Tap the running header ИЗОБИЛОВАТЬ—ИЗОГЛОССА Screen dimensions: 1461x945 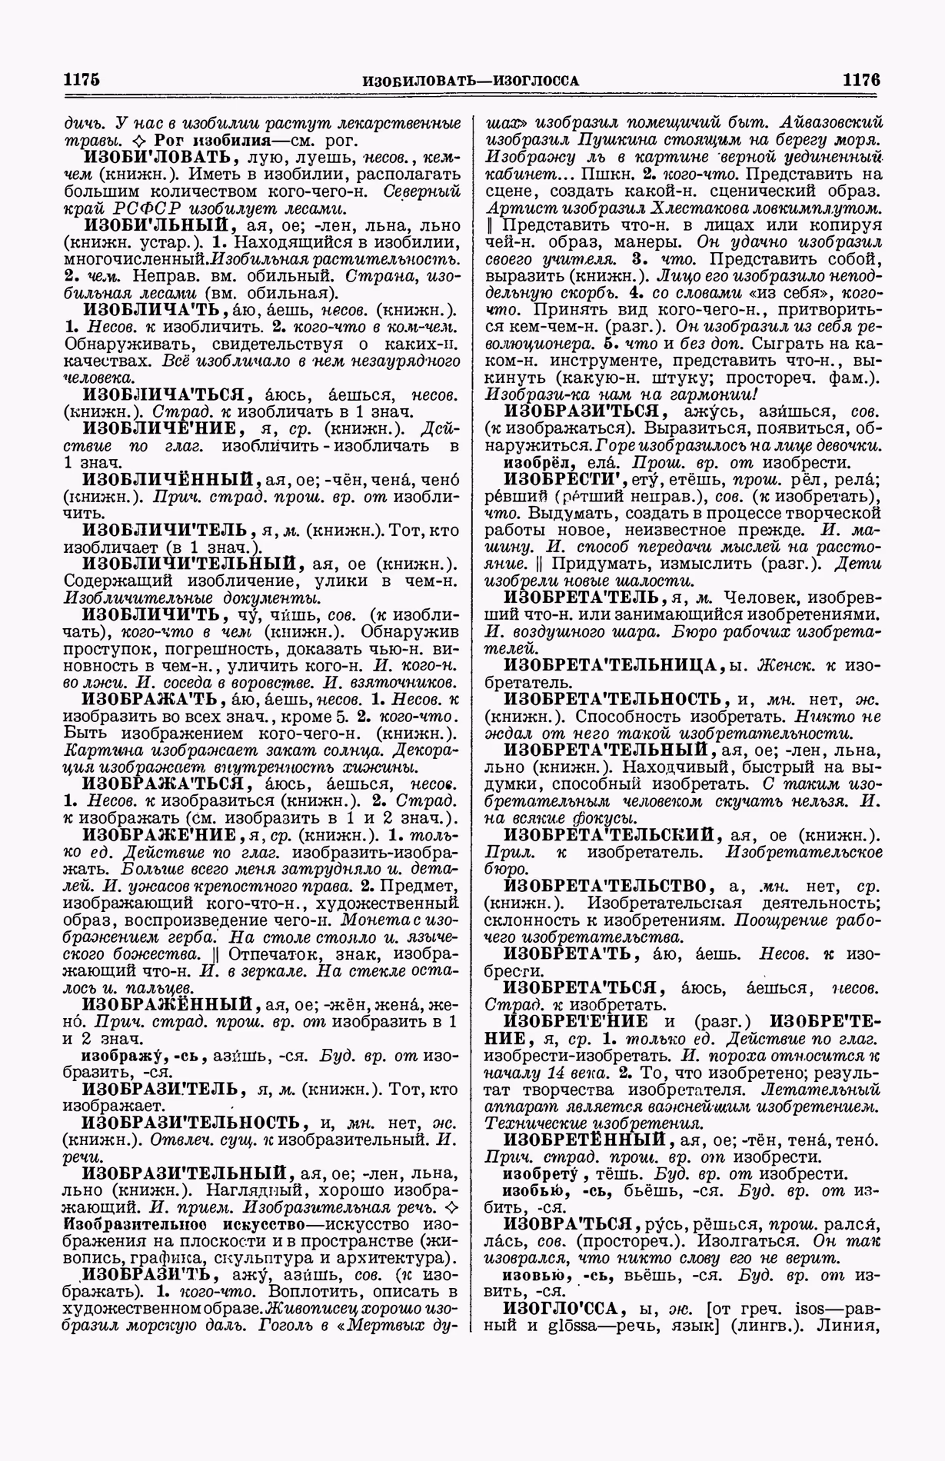(471, 81)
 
